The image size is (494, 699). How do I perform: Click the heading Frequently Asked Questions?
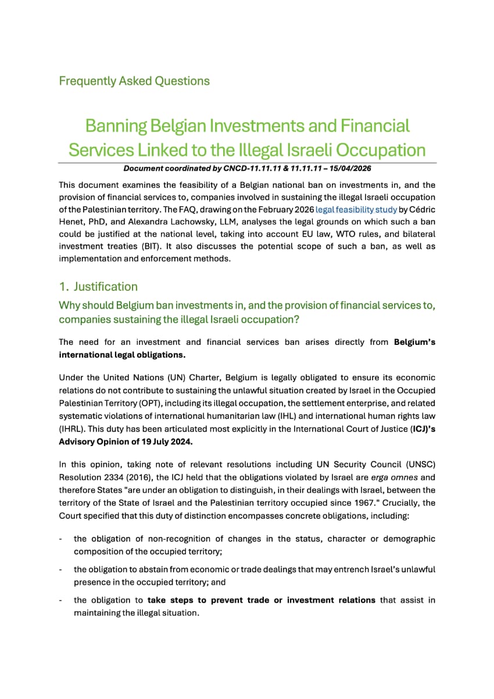pyautogui.click(x=134, y=81)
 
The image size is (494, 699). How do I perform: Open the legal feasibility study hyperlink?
pyautogui.click(x=356, y=209)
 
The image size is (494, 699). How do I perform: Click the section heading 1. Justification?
pyautogui.click(x=98, y=287)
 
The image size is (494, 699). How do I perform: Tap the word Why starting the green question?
pyautogui.click(x=70, y=305)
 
